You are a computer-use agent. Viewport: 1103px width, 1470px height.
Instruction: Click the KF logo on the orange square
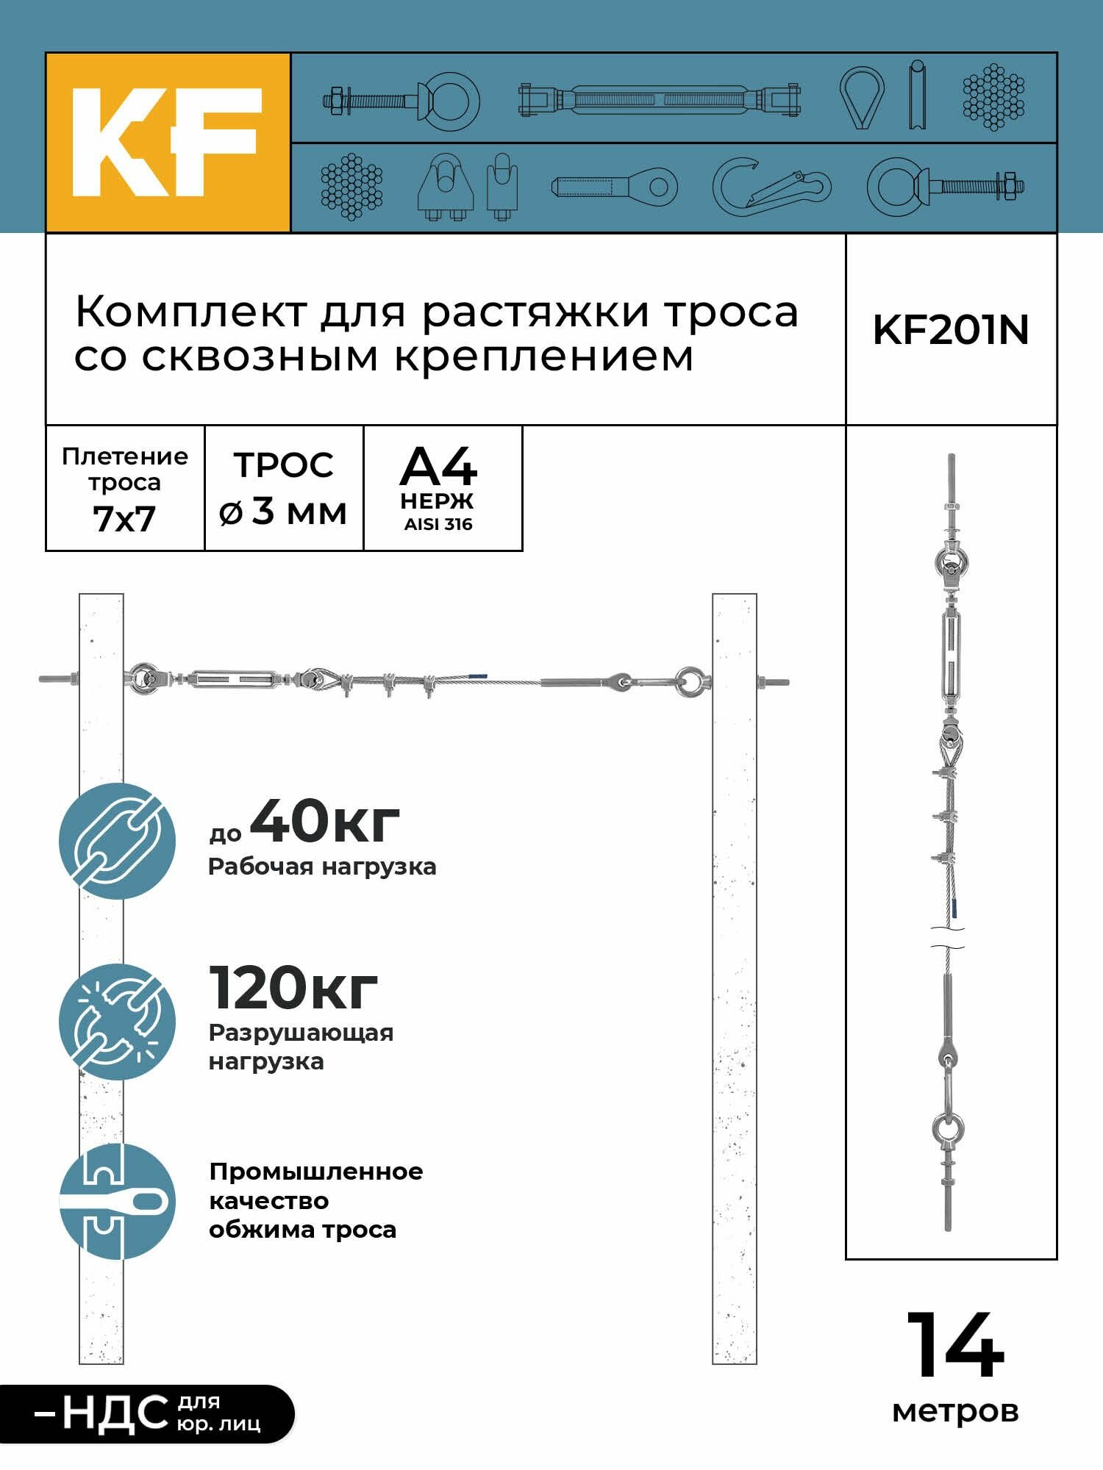click(x=167, y=143)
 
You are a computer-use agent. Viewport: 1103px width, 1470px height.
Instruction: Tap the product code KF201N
click(x=950, y=330)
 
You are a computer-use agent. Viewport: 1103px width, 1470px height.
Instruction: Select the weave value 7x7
click(x=124, y=519)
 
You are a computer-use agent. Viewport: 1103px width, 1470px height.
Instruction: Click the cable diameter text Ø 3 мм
click(x=283, y=511)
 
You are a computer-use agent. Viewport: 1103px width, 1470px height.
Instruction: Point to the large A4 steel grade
click(x=438, y=467)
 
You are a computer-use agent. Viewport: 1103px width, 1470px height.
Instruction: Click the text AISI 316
click(x=438, y=524)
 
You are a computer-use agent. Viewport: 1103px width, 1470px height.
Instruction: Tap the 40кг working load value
click(x=324, y=821)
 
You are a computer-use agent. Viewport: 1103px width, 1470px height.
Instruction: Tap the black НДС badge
click(x=147, y=1413)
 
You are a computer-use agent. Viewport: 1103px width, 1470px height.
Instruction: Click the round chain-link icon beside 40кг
click(x=118, y=841)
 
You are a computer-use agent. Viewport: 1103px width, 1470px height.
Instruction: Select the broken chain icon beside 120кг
click(x=118, y=1022)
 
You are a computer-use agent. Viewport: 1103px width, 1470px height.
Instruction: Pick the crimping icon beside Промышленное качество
click(x=118, y=1202)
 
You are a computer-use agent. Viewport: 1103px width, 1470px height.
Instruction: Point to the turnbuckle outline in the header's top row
click(x=659, y=98)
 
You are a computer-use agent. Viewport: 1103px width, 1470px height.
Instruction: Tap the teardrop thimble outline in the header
click(x=862, y=97)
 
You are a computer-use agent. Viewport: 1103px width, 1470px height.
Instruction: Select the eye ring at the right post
click(x=690, y=681)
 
